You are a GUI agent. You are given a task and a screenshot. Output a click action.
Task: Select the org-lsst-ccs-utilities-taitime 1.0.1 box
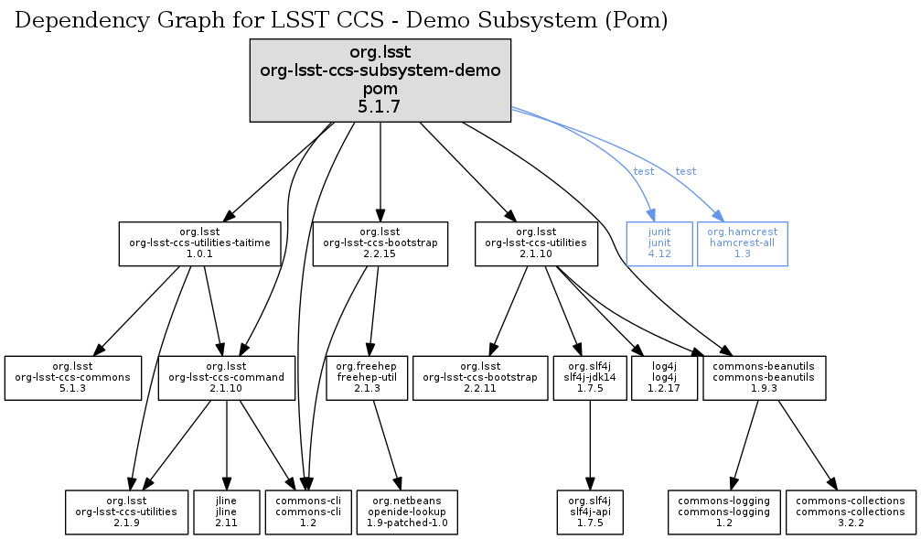(200, 243)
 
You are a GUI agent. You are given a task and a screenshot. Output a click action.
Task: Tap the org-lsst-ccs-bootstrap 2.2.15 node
(380, 243)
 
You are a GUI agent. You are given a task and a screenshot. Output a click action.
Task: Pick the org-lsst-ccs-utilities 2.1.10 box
(536, 243)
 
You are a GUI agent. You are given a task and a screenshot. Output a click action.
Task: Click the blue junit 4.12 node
(659, 243)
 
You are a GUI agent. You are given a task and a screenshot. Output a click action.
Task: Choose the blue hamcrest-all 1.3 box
(742, 243)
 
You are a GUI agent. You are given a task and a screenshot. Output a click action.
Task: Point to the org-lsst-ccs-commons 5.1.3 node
(73, 377)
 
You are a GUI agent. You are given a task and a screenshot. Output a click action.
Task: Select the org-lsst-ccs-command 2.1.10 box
(227, 377)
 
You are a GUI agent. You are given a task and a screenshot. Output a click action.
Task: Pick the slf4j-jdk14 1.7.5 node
(590, 377)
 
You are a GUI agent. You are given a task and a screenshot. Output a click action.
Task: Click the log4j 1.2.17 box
(664, 377)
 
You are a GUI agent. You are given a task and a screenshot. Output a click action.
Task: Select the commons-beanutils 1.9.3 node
(765, 377)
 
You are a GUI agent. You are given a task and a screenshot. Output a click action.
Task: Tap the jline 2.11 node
(226, 512)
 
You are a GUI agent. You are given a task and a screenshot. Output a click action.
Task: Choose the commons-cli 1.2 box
(303, 512)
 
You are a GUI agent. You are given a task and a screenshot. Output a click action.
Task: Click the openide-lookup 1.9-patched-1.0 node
(408, 512)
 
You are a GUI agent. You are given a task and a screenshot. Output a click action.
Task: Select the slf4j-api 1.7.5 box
(590, 512)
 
